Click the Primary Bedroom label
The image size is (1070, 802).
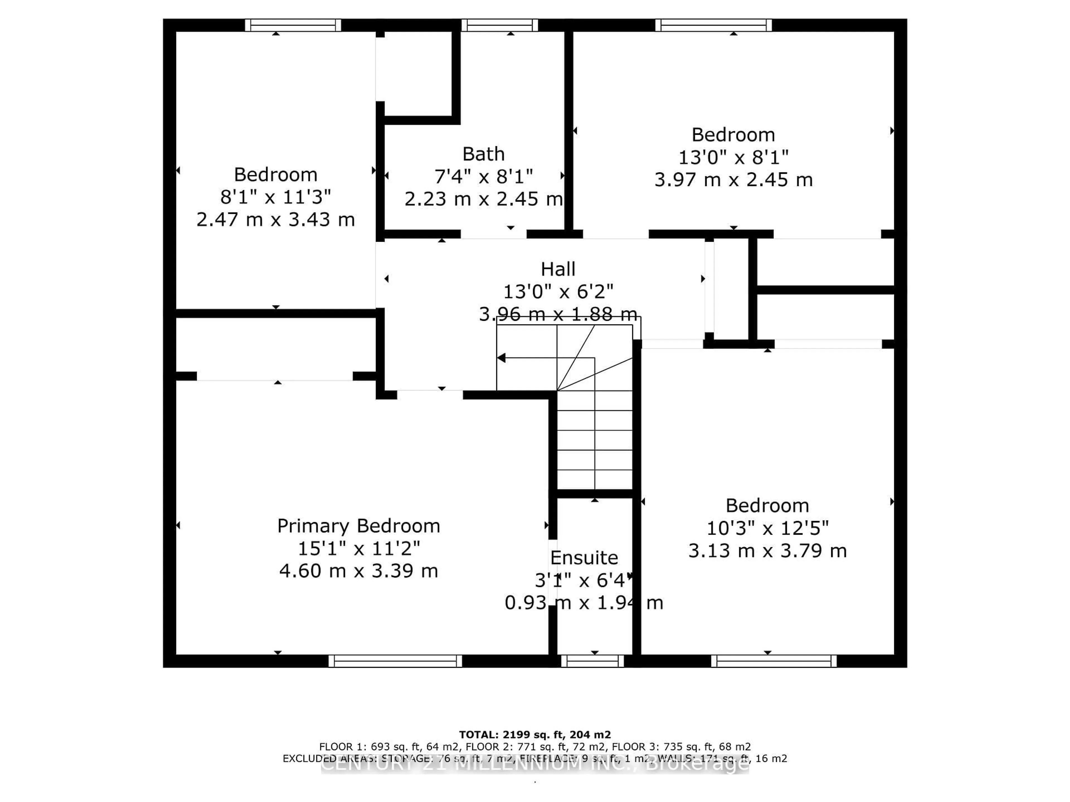pyautogui.click(x=358, y=526)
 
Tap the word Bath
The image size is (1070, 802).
pyautogui.click(x=483, y=154)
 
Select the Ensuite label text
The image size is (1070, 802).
pyautogui.click(x=584, y=558)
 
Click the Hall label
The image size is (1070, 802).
pyautogui.click(x=558, y=269)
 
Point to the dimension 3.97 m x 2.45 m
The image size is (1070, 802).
pyautogui.click(x=733, y=180)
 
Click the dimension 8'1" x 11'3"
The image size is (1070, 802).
pyautogui.click(x=275, y=197)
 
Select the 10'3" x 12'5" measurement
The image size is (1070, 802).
pyautogui.click(x=767, y=528)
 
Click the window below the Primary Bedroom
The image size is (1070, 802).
pyautogui.click(x=395, y=661)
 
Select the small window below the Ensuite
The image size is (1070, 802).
pyautogui.click(x=593, y=661)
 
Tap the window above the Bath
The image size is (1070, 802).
pyautogui.click(x=499, y=25)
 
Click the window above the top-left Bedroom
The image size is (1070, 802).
pyautogui.click(x=293, y=25)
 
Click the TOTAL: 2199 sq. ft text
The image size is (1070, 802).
pyautogui.click(x=534, y=735)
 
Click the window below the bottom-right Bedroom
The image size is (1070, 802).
pyautogui.click(x=774, y=661)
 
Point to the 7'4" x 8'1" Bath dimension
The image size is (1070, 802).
pyautogui.click(x=483, y=177)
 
